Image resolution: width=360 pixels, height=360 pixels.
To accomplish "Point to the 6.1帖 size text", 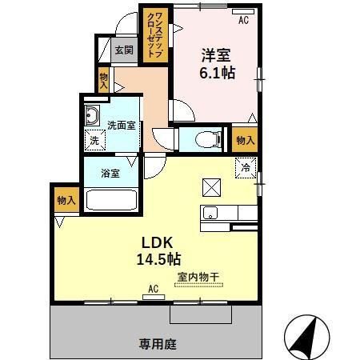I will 216,73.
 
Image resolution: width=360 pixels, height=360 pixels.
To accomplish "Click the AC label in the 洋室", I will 243,19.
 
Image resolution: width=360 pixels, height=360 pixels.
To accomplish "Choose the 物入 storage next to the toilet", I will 244,139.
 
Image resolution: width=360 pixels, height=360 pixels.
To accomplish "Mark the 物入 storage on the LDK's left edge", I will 66,201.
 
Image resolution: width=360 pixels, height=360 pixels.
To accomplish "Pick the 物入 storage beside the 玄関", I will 104,80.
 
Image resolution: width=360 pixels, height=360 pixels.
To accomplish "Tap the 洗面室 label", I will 124,125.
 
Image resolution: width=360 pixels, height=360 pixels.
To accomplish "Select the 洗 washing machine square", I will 95,141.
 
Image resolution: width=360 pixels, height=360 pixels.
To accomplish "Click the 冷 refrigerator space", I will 246,168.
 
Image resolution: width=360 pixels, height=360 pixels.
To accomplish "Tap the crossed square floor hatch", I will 213,187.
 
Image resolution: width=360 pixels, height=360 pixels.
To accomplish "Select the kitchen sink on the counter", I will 210,213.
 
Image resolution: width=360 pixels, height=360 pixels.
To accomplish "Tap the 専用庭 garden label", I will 157,345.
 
